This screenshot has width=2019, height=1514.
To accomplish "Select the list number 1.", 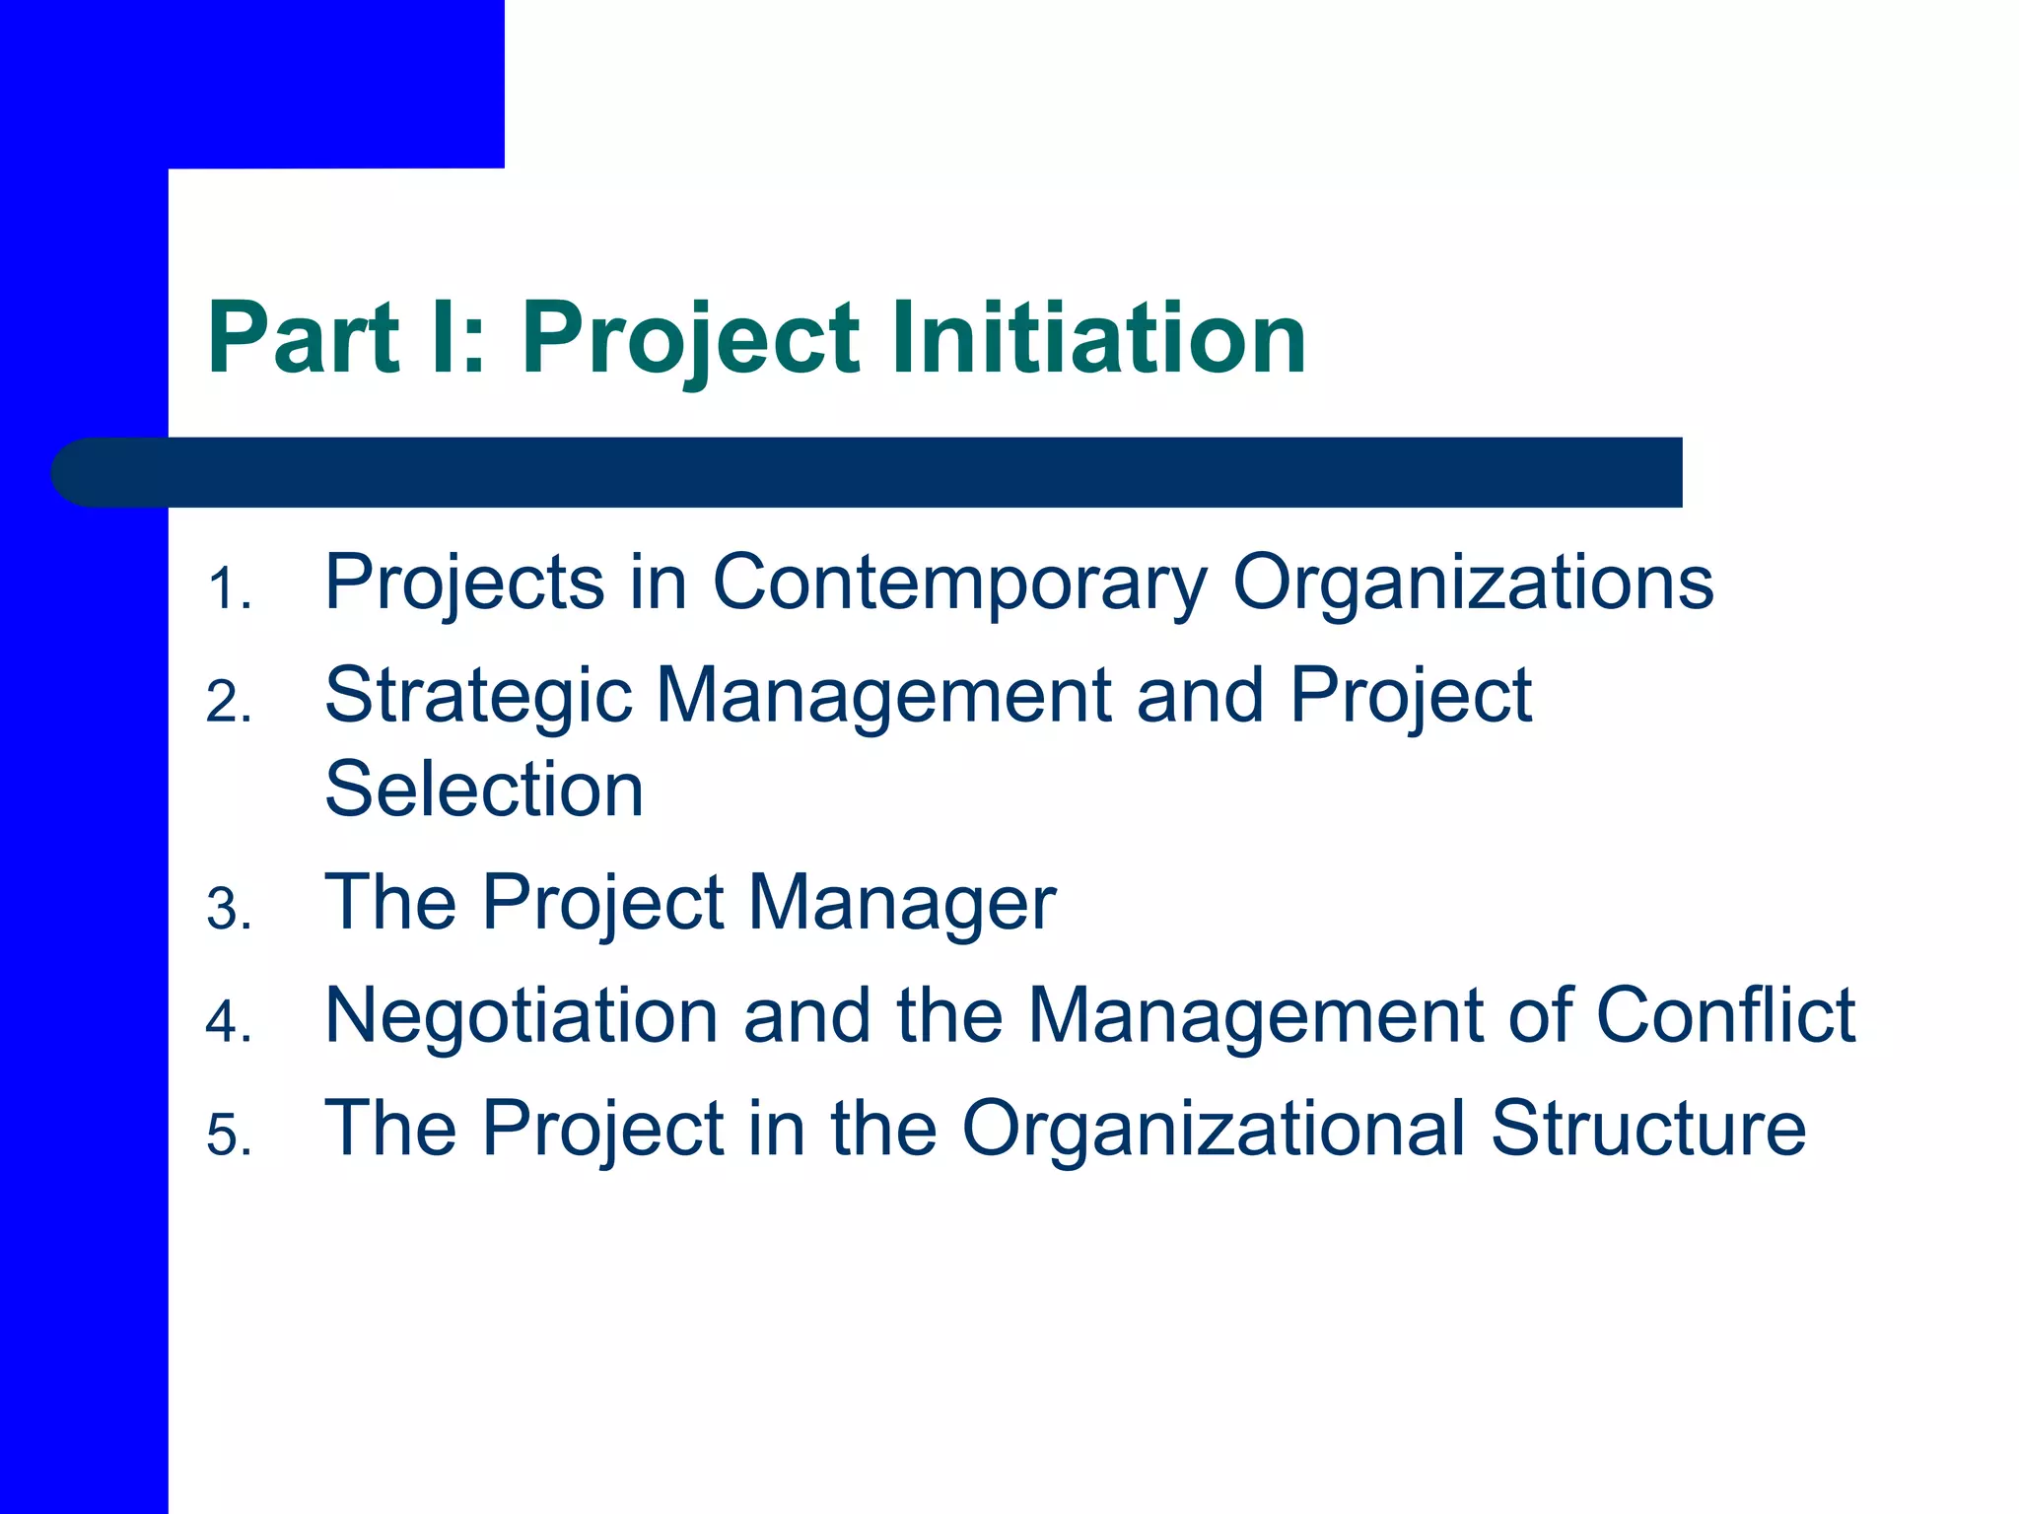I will pos(228,589).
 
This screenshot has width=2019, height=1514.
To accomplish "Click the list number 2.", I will pos(228,703).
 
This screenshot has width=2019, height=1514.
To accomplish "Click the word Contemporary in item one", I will pos(959,584).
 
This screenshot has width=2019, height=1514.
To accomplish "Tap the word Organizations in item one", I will pos(1473,584).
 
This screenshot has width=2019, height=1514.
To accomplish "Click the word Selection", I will pos(484,790).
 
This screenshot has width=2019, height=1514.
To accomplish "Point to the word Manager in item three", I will pos(902,904).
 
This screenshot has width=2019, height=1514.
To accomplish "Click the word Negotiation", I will pos(522,1015).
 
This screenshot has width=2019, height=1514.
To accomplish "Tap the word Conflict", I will pos(1725,1015).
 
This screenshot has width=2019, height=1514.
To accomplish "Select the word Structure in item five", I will pos(1648,1129).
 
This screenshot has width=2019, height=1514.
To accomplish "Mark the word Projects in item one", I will pos(464,584).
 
